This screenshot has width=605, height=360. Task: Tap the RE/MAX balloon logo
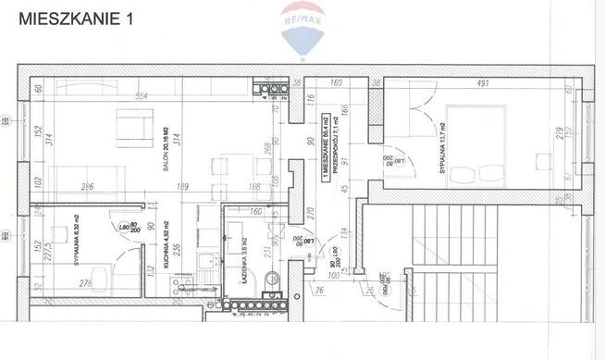click(303, 29)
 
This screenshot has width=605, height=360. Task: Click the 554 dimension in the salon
click(142, 97)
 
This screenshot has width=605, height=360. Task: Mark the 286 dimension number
click(89, 187)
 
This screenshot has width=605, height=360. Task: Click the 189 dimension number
click(184, 187)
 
